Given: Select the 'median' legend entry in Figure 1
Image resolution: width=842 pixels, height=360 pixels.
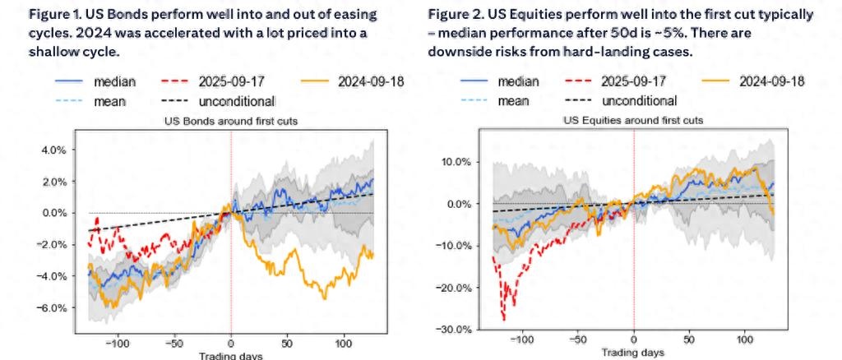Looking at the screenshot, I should (114, 81).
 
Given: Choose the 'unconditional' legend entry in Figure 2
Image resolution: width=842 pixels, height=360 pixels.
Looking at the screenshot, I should (639, 100).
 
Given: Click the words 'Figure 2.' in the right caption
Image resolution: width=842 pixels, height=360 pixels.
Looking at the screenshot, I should (452, 16).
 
